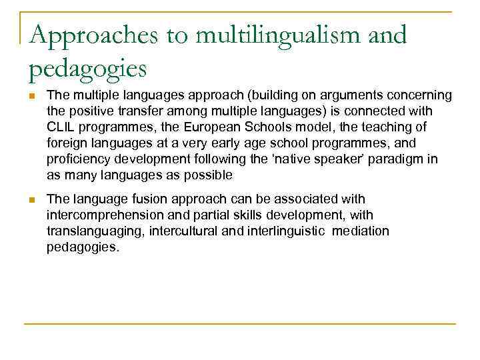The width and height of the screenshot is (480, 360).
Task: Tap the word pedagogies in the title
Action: click(87, 67)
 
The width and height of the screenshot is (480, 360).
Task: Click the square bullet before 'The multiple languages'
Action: click(32, 95)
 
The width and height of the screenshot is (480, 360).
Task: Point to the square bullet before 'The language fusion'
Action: click(32, 199)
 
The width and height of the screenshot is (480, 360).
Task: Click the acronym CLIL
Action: click(60, 127)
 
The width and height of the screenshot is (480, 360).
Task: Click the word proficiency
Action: click(75, 159)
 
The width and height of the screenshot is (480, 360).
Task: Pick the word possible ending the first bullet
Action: click(208, 175)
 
